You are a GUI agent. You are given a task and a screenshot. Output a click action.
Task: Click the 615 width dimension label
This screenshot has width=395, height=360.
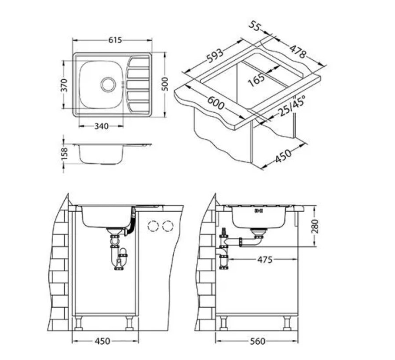[x=115, y=40]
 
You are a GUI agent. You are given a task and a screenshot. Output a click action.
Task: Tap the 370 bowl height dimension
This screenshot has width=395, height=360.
[x=65, y=85]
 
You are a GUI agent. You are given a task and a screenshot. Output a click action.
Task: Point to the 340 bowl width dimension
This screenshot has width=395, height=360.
[x=102, y=126]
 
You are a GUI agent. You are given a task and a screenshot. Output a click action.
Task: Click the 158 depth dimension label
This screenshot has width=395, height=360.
[x=65, y=154]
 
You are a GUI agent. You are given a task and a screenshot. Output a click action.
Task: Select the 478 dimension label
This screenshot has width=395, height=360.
[x=298, y=51]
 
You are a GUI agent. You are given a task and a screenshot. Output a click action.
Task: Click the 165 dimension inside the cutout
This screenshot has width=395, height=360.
[x=256, y=80]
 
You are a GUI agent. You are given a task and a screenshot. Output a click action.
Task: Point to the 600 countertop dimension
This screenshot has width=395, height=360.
[x=216, y=103]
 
